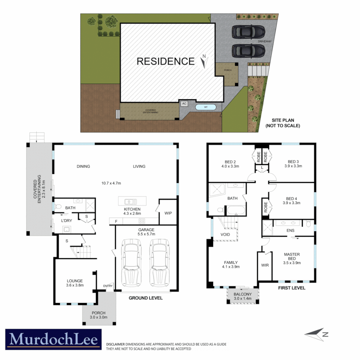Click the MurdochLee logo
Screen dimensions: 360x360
coord(53,340)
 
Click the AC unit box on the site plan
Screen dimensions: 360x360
coord(184,103)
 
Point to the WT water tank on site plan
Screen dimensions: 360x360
coord(206,107)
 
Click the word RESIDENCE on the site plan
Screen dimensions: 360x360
coord(166,61)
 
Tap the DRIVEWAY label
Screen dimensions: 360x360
coord(265,42)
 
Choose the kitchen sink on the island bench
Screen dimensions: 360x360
coord(129,201)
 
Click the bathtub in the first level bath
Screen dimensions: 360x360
coord(236,211)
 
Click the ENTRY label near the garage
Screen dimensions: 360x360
coord(108,286)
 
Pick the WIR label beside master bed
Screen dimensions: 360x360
coord(265,265)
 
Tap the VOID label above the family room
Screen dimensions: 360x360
coord(225,234)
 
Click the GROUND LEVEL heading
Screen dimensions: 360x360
coord(146,298)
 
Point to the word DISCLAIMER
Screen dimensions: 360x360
coord(115,344)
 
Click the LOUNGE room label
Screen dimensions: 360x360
coord(75,281)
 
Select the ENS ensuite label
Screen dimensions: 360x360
coord(290,230)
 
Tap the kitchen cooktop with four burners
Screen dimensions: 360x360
coord(141,221)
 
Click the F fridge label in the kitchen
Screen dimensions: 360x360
coord(116,221)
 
